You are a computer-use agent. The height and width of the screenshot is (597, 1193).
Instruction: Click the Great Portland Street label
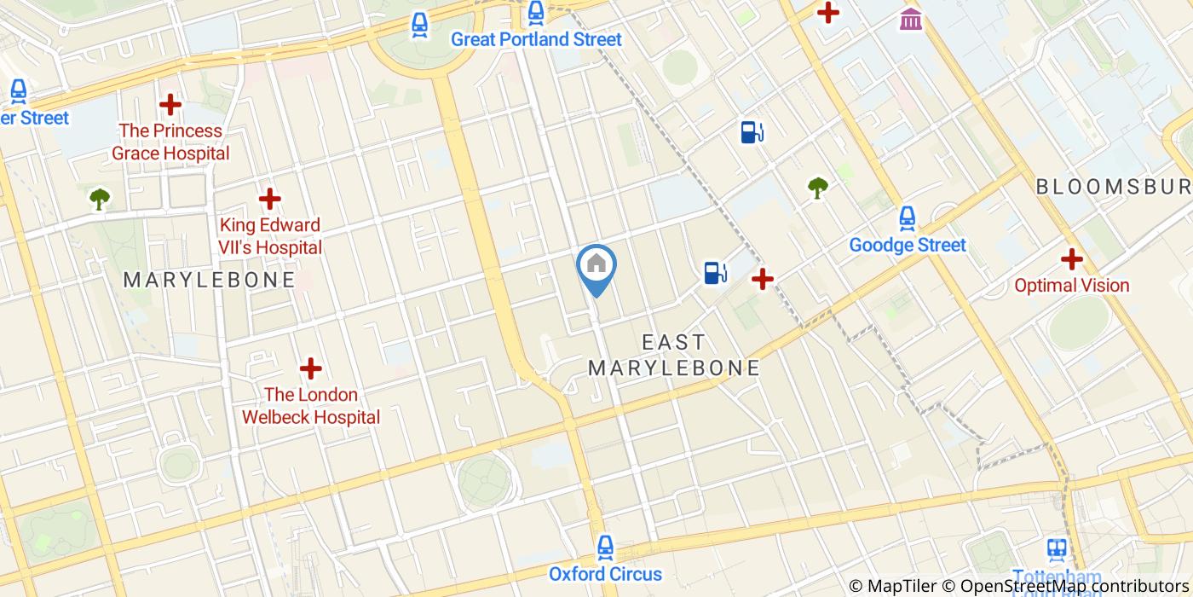(536, 39)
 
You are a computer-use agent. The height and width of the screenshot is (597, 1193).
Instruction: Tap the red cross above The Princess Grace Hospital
(170, 105)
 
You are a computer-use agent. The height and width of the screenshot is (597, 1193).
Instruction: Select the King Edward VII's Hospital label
(270, 236)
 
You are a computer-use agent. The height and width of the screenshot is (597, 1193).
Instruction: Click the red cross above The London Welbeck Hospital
(311, 368)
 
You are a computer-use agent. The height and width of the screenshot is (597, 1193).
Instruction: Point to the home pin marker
(596, 266)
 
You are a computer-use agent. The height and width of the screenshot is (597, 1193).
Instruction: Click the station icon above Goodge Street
(908, 217)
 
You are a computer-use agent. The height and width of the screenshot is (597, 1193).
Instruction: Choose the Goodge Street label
(908, 246)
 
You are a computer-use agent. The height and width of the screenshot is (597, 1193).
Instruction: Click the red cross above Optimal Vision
(1071, 258)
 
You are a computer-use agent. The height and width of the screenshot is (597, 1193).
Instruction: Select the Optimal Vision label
(1071, 286)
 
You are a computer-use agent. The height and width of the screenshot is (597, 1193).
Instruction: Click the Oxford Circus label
(605, 574)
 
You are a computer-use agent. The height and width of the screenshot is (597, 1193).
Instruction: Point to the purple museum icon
(911, 18)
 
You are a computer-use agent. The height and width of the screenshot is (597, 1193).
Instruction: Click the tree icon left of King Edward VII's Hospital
(100, 199)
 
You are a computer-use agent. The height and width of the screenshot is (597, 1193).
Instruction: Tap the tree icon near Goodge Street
(818, 187)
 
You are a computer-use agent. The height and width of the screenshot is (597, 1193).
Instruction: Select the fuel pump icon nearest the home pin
(715, 272)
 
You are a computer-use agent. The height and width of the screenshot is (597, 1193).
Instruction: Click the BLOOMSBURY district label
(1113, 187)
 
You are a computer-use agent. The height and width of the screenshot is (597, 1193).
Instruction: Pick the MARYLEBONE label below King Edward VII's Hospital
(210, 280)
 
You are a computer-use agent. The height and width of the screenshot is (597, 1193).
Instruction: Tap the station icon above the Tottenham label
(1058, 548)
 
